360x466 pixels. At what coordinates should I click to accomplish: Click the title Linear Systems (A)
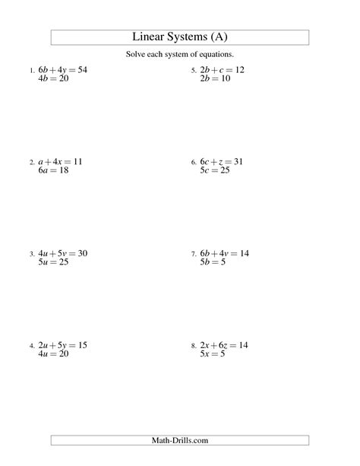(180, 37)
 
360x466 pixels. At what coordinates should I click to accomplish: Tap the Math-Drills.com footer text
(180, 440)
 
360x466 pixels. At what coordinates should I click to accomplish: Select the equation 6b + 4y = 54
(63, 70)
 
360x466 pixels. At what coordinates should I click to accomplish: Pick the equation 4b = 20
(53, 79)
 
